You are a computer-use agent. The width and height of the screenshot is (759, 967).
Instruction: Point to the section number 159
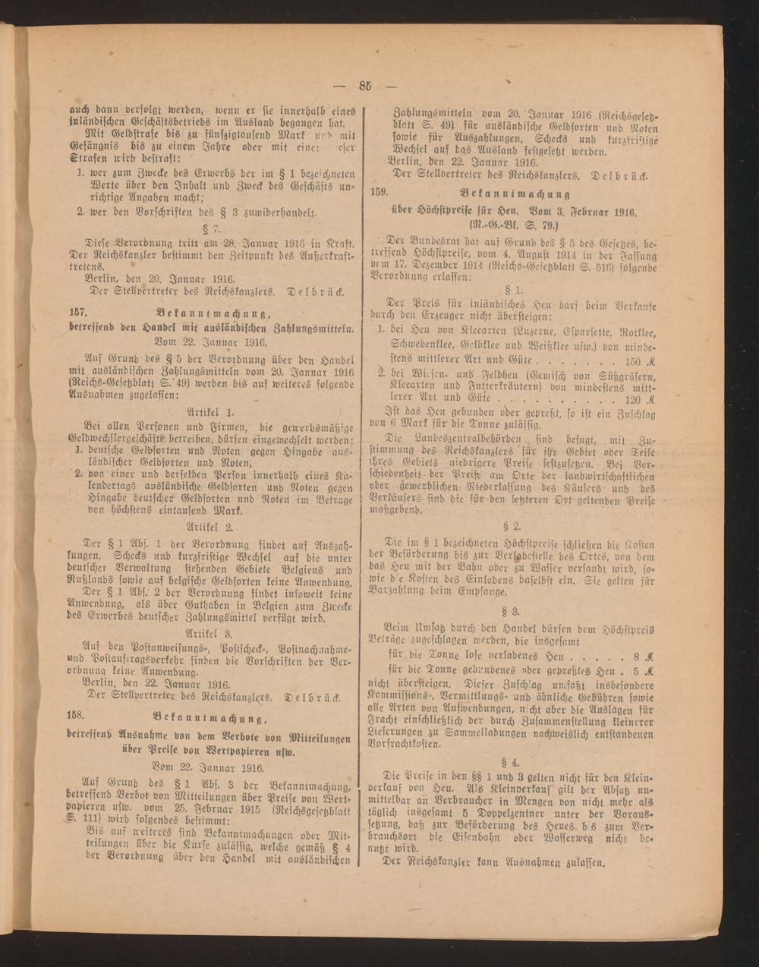click(x=380, y=191)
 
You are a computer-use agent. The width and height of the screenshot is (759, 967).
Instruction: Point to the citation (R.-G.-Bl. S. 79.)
click(x=516, y=224)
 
